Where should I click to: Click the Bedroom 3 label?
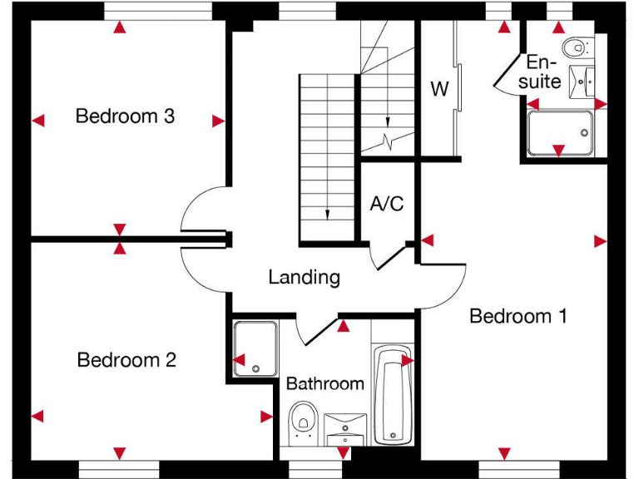[125, 116]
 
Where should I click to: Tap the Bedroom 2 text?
[126, 360]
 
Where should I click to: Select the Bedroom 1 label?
[518, 316]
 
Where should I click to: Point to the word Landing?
[304, 277]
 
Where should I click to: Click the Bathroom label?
[324, 383]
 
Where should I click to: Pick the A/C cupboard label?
[387, 203]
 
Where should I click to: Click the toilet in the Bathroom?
[302, 420]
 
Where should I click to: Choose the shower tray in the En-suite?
[560, 132]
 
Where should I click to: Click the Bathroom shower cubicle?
[255, 348]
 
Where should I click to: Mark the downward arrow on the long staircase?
[328, 213]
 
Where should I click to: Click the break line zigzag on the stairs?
[387, 138]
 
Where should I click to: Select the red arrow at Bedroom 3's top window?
[121, 28]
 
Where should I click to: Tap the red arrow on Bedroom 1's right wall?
[600, 241]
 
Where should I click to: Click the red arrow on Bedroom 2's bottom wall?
[120, 452]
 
